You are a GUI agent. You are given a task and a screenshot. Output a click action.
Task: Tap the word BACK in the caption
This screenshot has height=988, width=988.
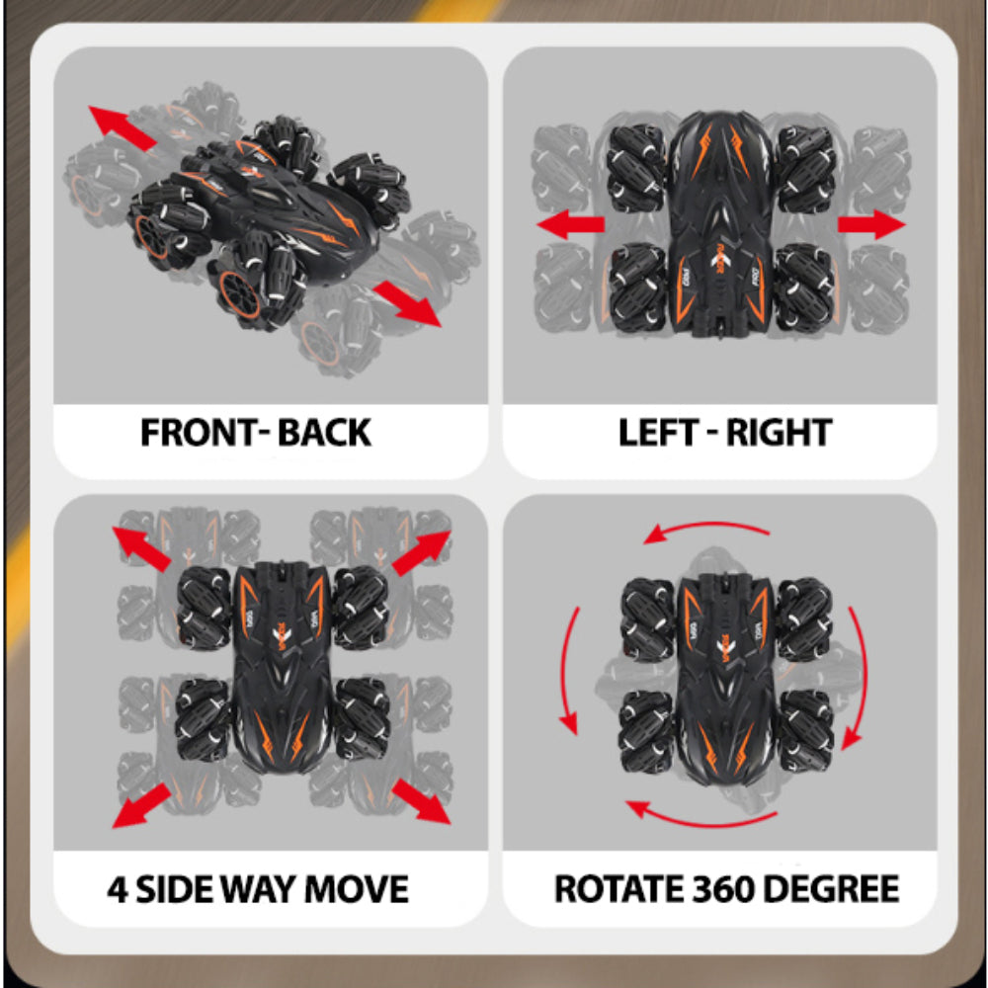[x=323, y=433]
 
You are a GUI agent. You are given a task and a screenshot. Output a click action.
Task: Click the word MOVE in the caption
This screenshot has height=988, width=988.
[x=356, y=888]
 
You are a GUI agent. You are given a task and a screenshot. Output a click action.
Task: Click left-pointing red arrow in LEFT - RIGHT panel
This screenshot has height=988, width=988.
[x=570, y=224]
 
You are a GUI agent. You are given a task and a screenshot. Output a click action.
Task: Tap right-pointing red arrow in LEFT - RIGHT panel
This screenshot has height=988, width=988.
[x=871, y=224]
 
